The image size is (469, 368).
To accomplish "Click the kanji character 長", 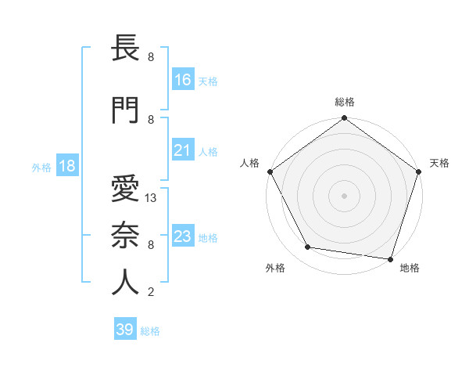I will click(x=125, y=49).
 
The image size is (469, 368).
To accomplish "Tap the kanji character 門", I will click(x=125, y=110).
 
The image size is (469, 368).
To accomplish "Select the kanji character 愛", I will click(x=125, y=189).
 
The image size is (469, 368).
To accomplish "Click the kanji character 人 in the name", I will click(x=125, y=283).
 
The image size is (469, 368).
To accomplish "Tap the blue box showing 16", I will click(x=183, y=80).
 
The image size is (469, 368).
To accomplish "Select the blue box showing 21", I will click(x=183, y=150).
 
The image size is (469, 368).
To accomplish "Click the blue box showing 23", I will click(x=183, y=236).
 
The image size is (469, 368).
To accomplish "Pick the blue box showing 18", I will click(x=66, y=166).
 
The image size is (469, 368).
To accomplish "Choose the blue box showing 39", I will click(x=125, y=330).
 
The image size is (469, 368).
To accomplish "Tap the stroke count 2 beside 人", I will click(x=151, y=293).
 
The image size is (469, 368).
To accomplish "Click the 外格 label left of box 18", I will click(x=41, y=167).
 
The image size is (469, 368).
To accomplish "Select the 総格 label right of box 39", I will click(x=150, y=331).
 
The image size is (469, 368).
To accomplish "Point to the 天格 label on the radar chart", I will click(x=440, y=163).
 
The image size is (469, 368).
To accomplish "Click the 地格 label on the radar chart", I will click(x=410, y=268).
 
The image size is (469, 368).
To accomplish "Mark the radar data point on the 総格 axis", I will click(x=344, y=119).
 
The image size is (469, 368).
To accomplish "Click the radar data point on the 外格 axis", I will click(x=308, y=247).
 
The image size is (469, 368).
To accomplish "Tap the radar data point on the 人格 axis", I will click(x=270, y=171).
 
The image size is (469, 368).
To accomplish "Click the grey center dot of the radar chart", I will click(x=344, y=195).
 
